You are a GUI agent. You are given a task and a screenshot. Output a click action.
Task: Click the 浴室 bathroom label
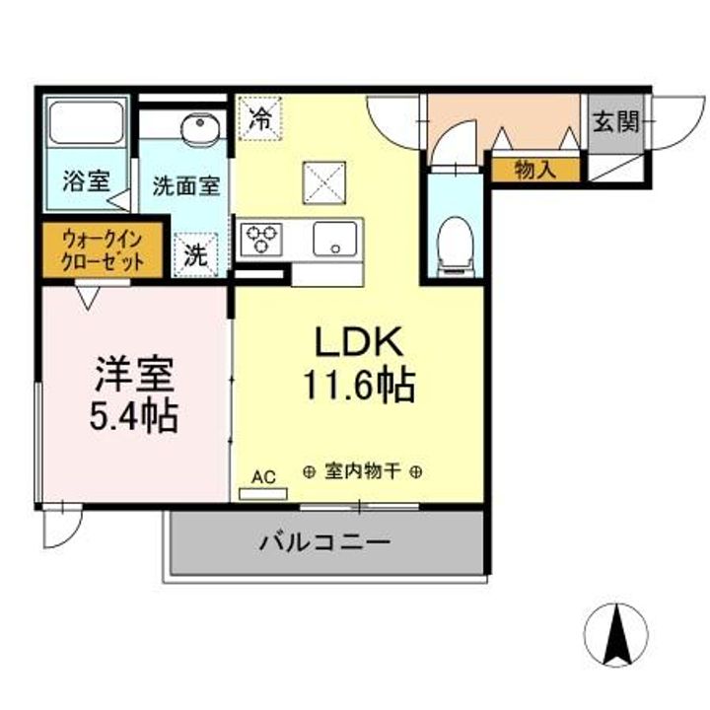pyautogui.click(x=86, y=181)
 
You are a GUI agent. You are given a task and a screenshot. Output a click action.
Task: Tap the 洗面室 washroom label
pyautogui.click(x=184, y=183)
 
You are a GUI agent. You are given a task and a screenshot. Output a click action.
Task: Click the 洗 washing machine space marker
pyautogui.click(x=197, y=254)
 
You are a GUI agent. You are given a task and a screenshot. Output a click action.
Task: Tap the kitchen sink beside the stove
pyautogui.click(x=334, y=239)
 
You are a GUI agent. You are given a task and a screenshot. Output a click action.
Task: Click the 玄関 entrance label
pyautogui.click(x=615, y=122)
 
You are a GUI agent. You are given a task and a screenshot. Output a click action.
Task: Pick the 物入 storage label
pyautogui.click(x=535, y=170)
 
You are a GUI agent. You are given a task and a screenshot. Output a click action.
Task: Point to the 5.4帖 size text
pyautogui.click(x=134, y=417)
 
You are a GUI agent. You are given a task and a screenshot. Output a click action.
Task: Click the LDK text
pyautogui.click(x=358, y=342)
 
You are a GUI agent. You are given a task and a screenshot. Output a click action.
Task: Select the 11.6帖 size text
pyautogui.click(x=358, y=386)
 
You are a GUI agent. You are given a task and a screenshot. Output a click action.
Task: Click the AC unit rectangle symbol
pyautogui.click(x=263, y=492)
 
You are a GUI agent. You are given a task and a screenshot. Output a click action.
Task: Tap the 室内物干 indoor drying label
pyautogui.click(x=364, y=471)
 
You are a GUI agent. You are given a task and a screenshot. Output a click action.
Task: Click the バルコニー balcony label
pyautogui.click(x=325, y=542)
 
